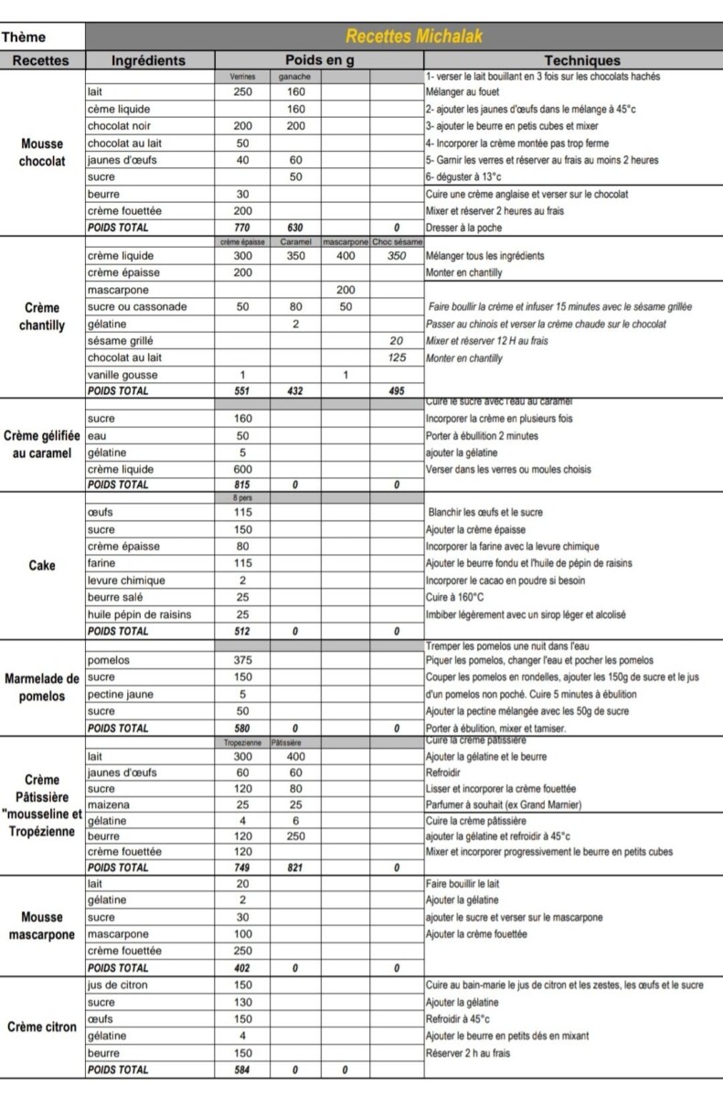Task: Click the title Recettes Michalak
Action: (413, 37)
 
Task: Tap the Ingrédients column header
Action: (148, 60)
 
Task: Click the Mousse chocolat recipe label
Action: (41, 153)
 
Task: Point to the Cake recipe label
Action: (41, 565)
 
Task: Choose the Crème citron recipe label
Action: (41, 1028)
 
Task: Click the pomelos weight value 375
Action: (242, 660)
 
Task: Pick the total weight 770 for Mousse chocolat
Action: (242, 228)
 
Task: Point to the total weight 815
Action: (242, 485)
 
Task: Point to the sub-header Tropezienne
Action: (242, 743)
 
